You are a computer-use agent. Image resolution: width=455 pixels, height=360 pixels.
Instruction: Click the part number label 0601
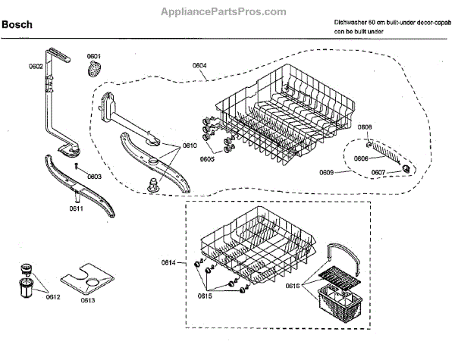(93, 56)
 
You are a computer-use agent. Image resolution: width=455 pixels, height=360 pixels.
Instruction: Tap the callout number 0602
(36, 67)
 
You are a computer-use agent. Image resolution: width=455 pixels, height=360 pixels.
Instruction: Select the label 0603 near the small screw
(94, 176)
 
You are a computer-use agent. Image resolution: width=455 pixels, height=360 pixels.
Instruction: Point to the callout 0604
(199, 66)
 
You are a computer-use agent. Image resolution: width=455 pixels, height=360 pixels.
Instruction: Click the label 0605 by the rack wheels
(208, 159)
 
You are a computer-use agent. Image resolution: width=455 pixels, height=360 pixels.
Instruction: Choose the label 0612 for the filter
(53, 297)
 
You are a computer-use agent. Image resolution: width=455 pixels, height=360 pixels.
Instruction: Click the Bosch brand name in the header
(19, 25)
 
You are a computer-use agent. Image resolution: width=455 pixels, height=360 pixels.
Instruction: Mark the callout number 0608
(365, 127)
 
